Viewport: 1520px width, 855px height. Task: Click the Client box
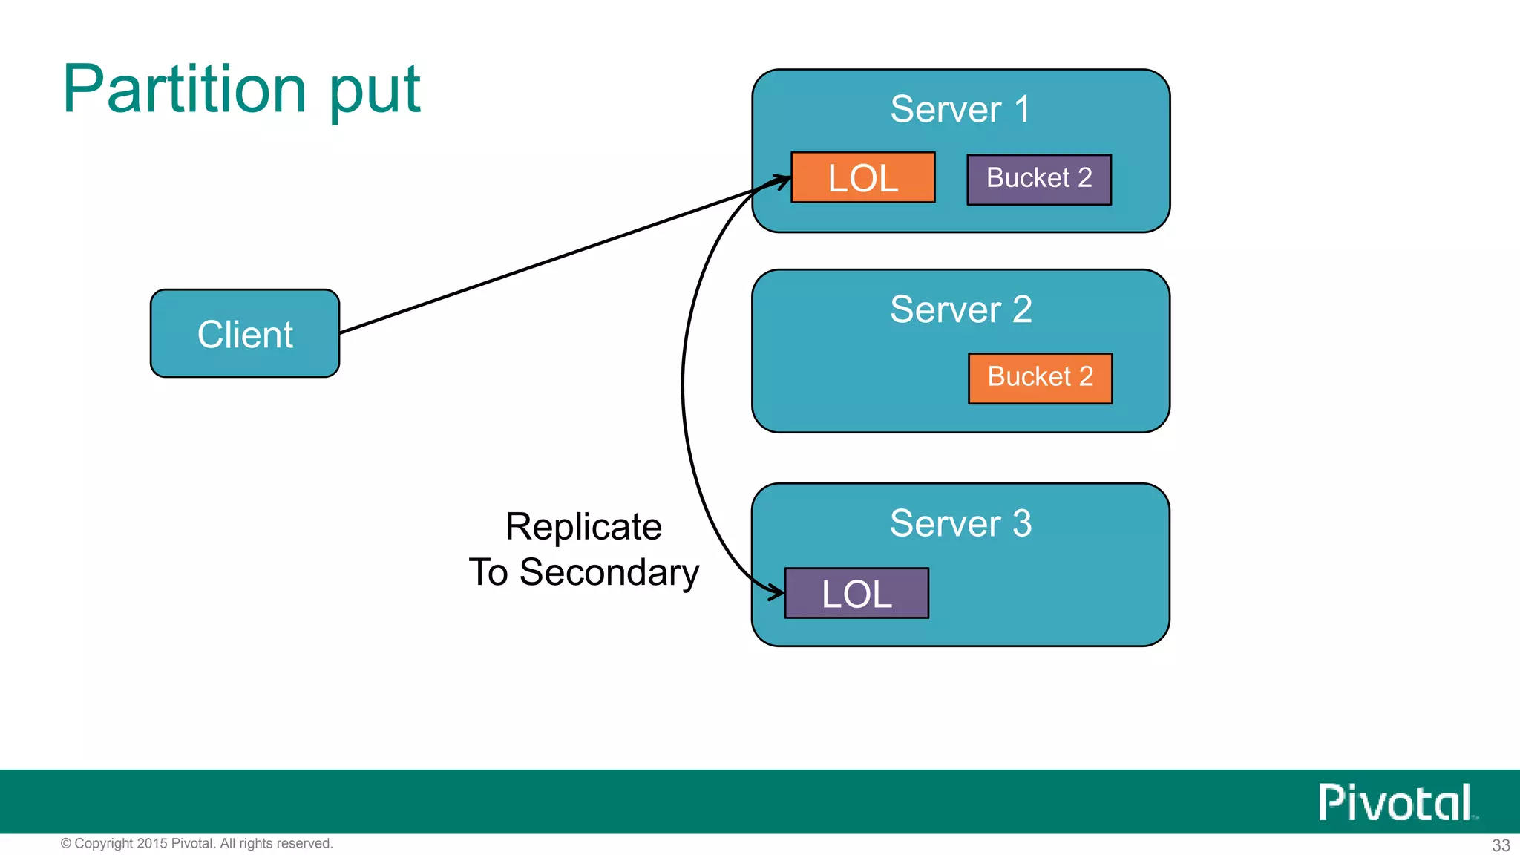click(x=245, y=333)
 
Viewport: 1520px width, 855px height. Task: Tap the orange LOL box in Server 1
click(x=862, y=177)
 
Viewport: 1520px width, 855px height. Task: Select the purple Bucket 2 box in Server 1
click(x=1038, y=179)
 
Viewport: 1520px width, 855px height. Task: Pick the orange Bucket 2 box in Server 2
click(x=1040, y=378)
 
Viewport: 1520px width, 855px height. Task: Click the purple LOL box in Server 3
click(x=856, y=593)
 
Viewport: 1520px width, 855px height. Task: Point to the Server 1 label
click(x=960, y=109)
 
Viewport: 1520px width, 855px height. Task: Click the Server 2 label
click(x=960, y=309)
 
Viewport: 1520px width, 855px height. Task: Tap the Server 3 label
click(x=960, y=522)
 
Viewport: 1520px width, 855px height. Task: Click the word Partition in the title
click(x=184, y=89)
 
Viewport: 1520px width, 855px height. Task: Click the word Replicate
click(x=583, y=526)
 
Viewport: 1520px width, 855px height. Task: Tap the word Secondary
click(x=609, y=572)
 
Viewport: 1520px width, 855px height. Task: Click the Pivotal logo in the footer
click(x=1396, y=802)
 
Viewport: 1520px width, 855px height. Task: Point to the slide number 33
click(x=1501, y=845)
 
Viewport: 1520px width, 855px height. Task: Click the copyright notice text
click(x=197, y=843)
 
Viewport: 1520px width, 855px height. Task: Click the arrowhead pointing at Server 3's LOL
click(x=777, y=592)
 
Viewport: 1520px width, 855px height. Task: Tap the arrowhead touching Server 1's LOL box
click(x=782, y=180)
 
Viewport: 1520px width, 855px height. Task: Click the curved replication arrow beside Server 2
click(x=683, y=386)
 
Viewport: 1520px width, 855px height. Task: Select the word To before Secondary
click(x=488, y=572)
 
